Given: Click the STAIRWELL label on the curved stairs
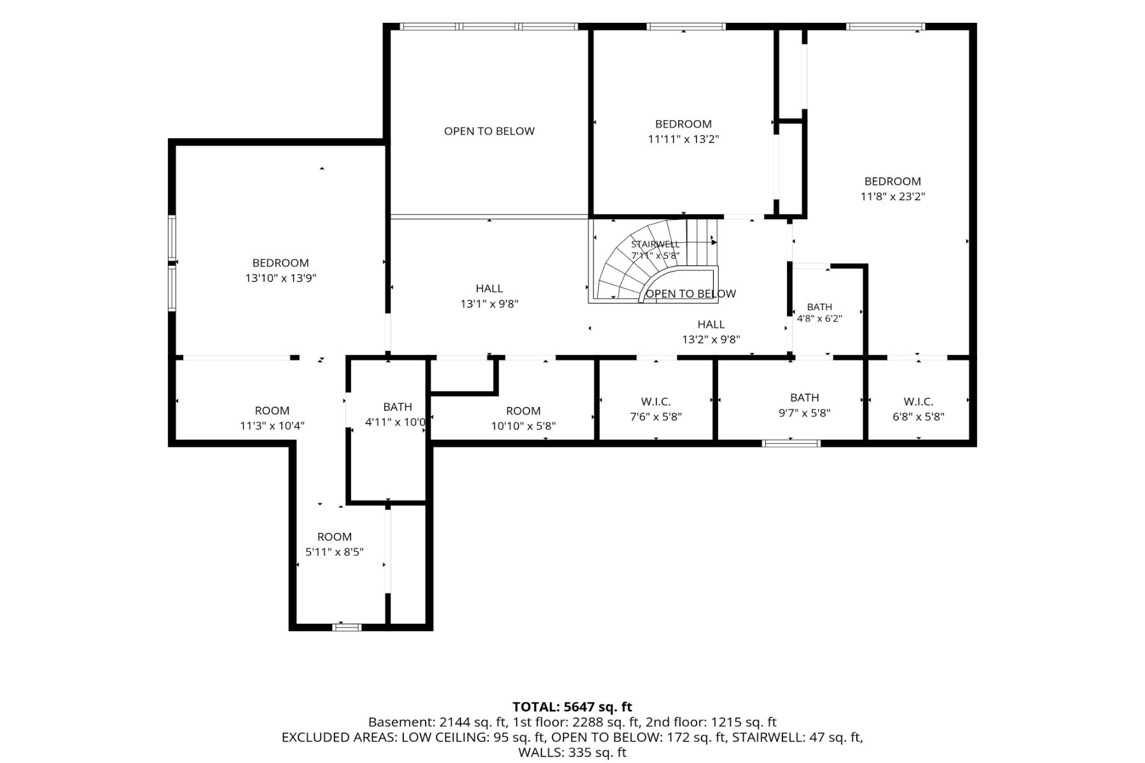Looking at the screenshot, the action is click(x=655, y=244).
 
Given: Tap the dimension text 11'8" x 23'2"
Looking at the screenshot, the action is click(x=892, y=196).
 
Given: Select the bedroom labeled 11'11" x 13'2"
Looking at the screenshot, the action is click(x=683, y=132).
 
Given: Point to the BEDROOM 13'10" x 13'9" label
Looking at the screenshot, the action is click(x=281, y=270).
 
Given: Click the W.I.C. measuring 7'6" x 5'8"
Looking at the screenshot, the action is click(x=656, y=409).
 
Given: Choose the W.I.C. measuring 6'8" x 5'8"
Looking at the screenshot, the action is click(x=919, y=409).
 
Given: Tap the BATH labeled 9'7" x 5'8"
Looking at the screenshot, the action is click(x=805, y=405).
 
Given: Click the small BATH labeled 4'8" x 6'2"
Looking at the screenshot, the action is click(x=819, y=313).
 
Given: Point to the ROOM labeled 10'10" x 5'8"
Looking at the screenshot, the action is click(x=524, y=418).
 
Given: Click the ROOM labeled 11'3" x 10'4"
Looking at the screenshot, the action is click(x=272, y=418).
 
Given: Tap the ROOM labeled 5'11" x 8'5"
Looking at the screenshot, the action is click(x=335, y=544).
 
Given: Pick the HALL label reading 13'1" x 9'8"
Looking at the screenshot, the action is click(x=489, y=296).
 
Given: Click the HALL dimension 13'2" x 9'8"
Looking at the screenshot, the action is click(x=711, y=340).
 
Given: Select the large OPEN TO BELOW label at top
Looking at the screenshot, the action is click(x=489, y=131).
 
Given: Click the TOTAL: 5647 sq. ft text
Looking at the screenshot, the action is click(x=572, y=706).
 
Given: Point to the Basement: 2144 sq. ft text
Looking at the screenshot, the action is click(x=438, y=722).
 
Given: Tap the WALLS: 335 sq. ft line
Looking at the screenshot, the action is click(x=572, y=753).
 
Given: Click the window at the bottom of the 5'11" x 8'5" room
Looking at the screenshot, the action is click(x=347, y=627).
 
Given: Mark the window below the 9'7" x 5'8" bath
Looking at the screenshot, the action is click(x=791, y=443).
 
